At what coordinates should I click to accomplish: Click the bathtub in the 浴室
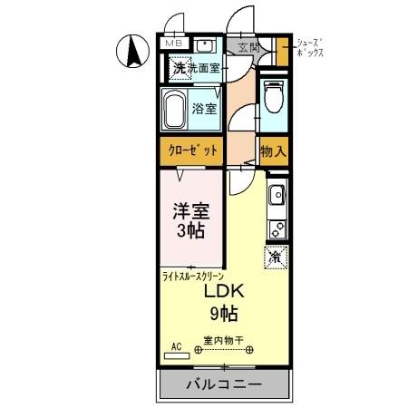pos(177,110)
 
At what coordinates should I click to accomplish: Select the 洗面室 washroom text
pos(206,68)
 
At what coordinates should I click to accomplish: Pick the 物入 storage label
pos(272,151)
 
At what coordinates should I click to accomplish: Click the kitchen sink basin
pos(277,194)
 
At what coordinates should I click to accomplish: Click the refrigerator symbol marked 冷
pos(276,257)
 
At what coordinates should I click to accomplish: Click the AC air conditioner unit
pos(177,348)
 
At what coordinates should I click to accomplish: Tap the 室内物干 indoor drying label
pos(220,341)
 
